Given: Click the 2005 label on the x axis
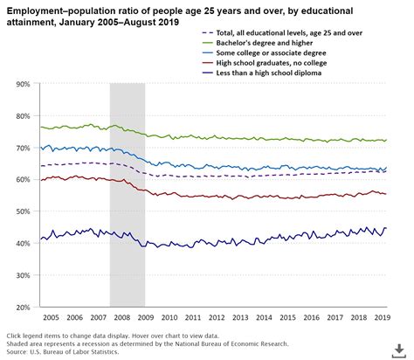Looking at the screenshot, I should [x=51, y=319].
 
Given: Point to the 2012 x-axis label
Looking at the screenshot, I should [x=216, y=319].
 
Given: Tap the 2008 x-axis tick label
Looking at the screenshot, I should [x=121, y=319].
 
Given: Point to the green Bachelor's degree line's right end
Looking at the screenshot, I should [x=386, y=140].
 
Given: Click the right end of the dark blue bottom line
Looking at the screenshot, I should [x=386, y=228].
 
